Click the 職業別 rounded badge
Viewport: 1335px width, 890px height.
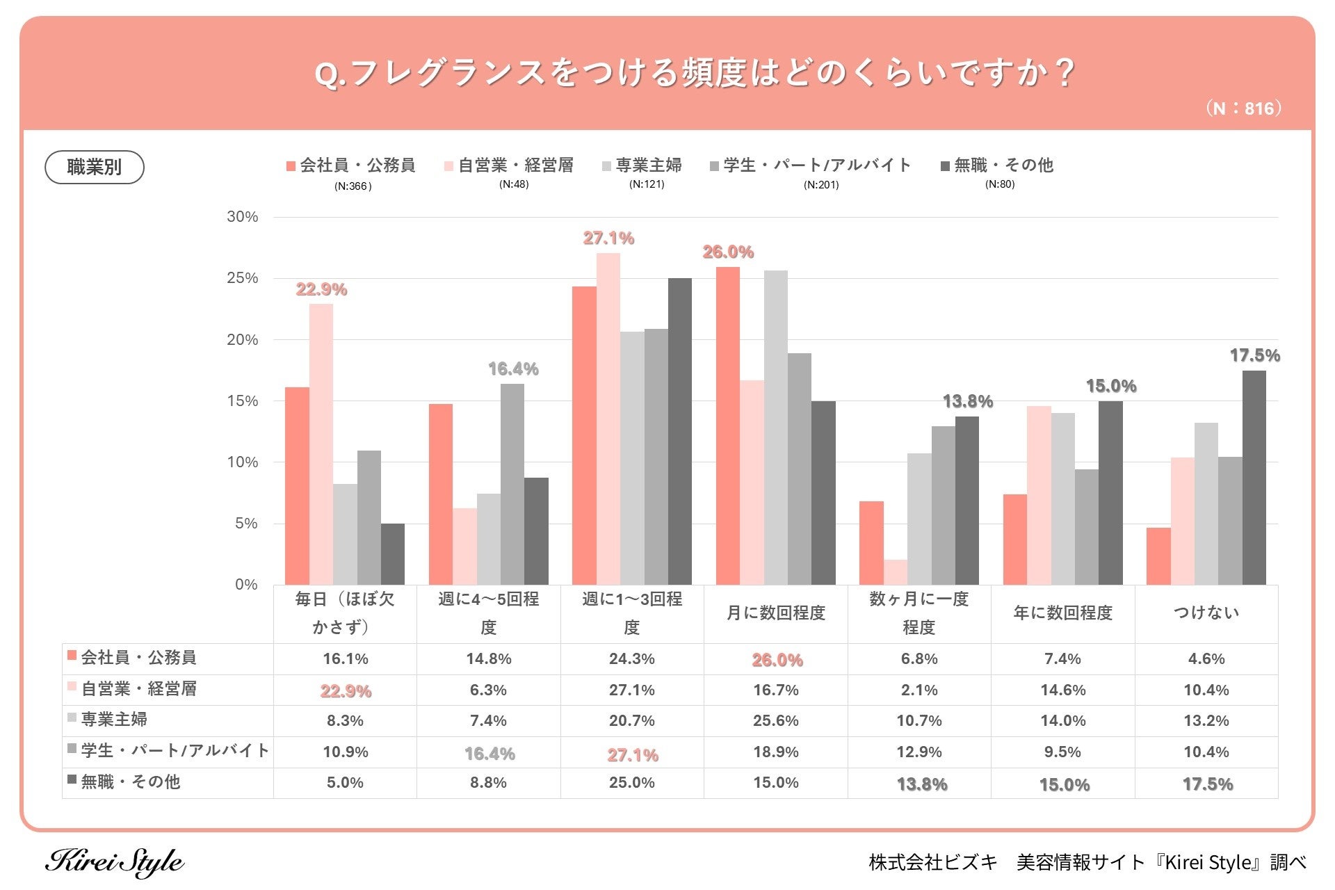point(95,167)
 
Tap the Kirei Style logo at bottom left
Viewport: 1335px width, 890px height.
point(115,862)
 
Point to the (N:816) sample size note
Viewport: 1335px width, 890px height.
point(1243,108)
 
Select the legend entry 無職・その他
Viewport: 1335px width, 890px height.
point(997,165)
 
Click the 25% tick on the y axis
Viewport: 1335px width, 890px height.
point(242,278)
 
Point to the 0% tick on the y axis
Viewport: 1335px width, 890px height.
point(245,585)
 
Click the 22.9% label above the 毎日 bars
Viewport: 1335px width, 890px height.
point(321,289)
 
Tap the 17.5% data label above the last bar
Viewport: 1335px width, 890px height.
point(1254,355)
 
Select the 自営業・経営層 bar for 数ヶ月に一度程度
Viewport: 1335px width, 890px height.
point(896,572)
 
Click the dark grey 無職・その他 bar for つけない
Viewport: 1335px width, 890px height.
point(1254,478)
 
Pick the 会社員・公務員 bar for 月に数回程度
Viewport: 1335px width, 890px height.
point(728,426)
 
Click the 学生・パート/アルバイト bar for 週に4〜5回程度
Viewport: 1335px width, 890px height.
point(512,484)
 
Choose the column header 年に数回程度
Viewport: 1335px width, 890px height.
point(1063,613)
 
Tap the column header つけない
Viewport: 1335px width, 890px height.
point(1206,613)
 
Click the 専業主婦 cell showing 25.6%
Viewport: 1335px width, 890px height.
point(776,721)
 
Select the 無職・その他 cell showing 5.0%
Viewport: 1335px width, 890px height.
point(345,783)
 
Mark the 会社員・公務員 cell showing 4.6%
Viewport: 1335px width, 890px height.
point(1206,659)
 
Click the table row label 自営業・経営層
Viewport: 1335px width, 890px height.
point(139,689)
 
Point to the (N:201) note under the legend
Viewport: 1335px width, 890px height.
point(821,185)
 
